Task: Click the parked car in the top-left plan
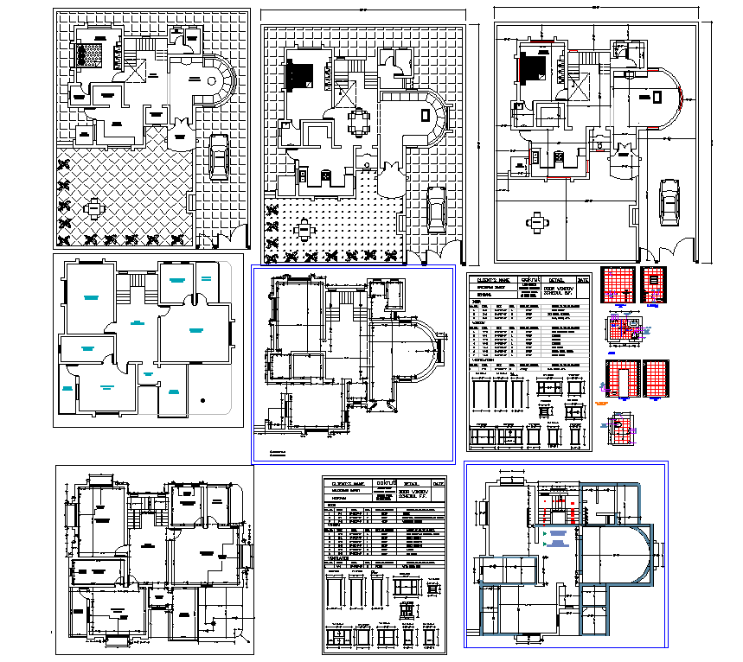coord(220,157)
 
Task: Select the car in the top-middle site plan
coord(438,210)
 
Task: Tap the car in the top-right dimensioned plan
coord(669,200)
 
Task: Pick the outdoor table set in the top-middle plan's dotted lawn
coord(304,230)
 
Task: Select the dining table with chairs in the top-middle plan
coord(357,120)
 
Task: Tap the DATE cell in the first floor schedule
coord(439,483)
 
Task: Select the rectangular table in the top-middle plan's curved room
coord(423,115)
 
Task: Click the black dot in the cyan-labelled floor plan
coord(201,400)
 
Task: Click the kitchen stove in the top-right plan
coord(560,156)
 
